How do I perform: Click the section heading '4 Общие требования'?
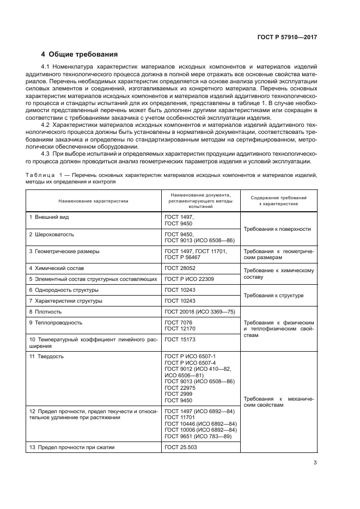80,54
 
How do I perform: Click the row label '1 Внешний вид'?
49,217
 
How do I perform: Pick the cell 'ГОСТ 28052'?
179,268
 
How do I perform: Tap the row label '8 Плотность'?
45,312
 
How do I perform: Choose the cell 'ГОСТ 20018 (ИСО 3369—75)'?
199,312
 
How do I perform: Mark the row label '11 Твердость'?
46,356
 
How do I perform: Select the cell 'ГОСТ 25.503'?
180,447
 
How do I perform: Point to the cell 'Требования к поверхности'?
277,229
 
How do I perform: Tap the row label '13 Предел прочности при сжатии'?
72,447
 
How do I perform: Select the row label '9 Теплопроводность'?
56,322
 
